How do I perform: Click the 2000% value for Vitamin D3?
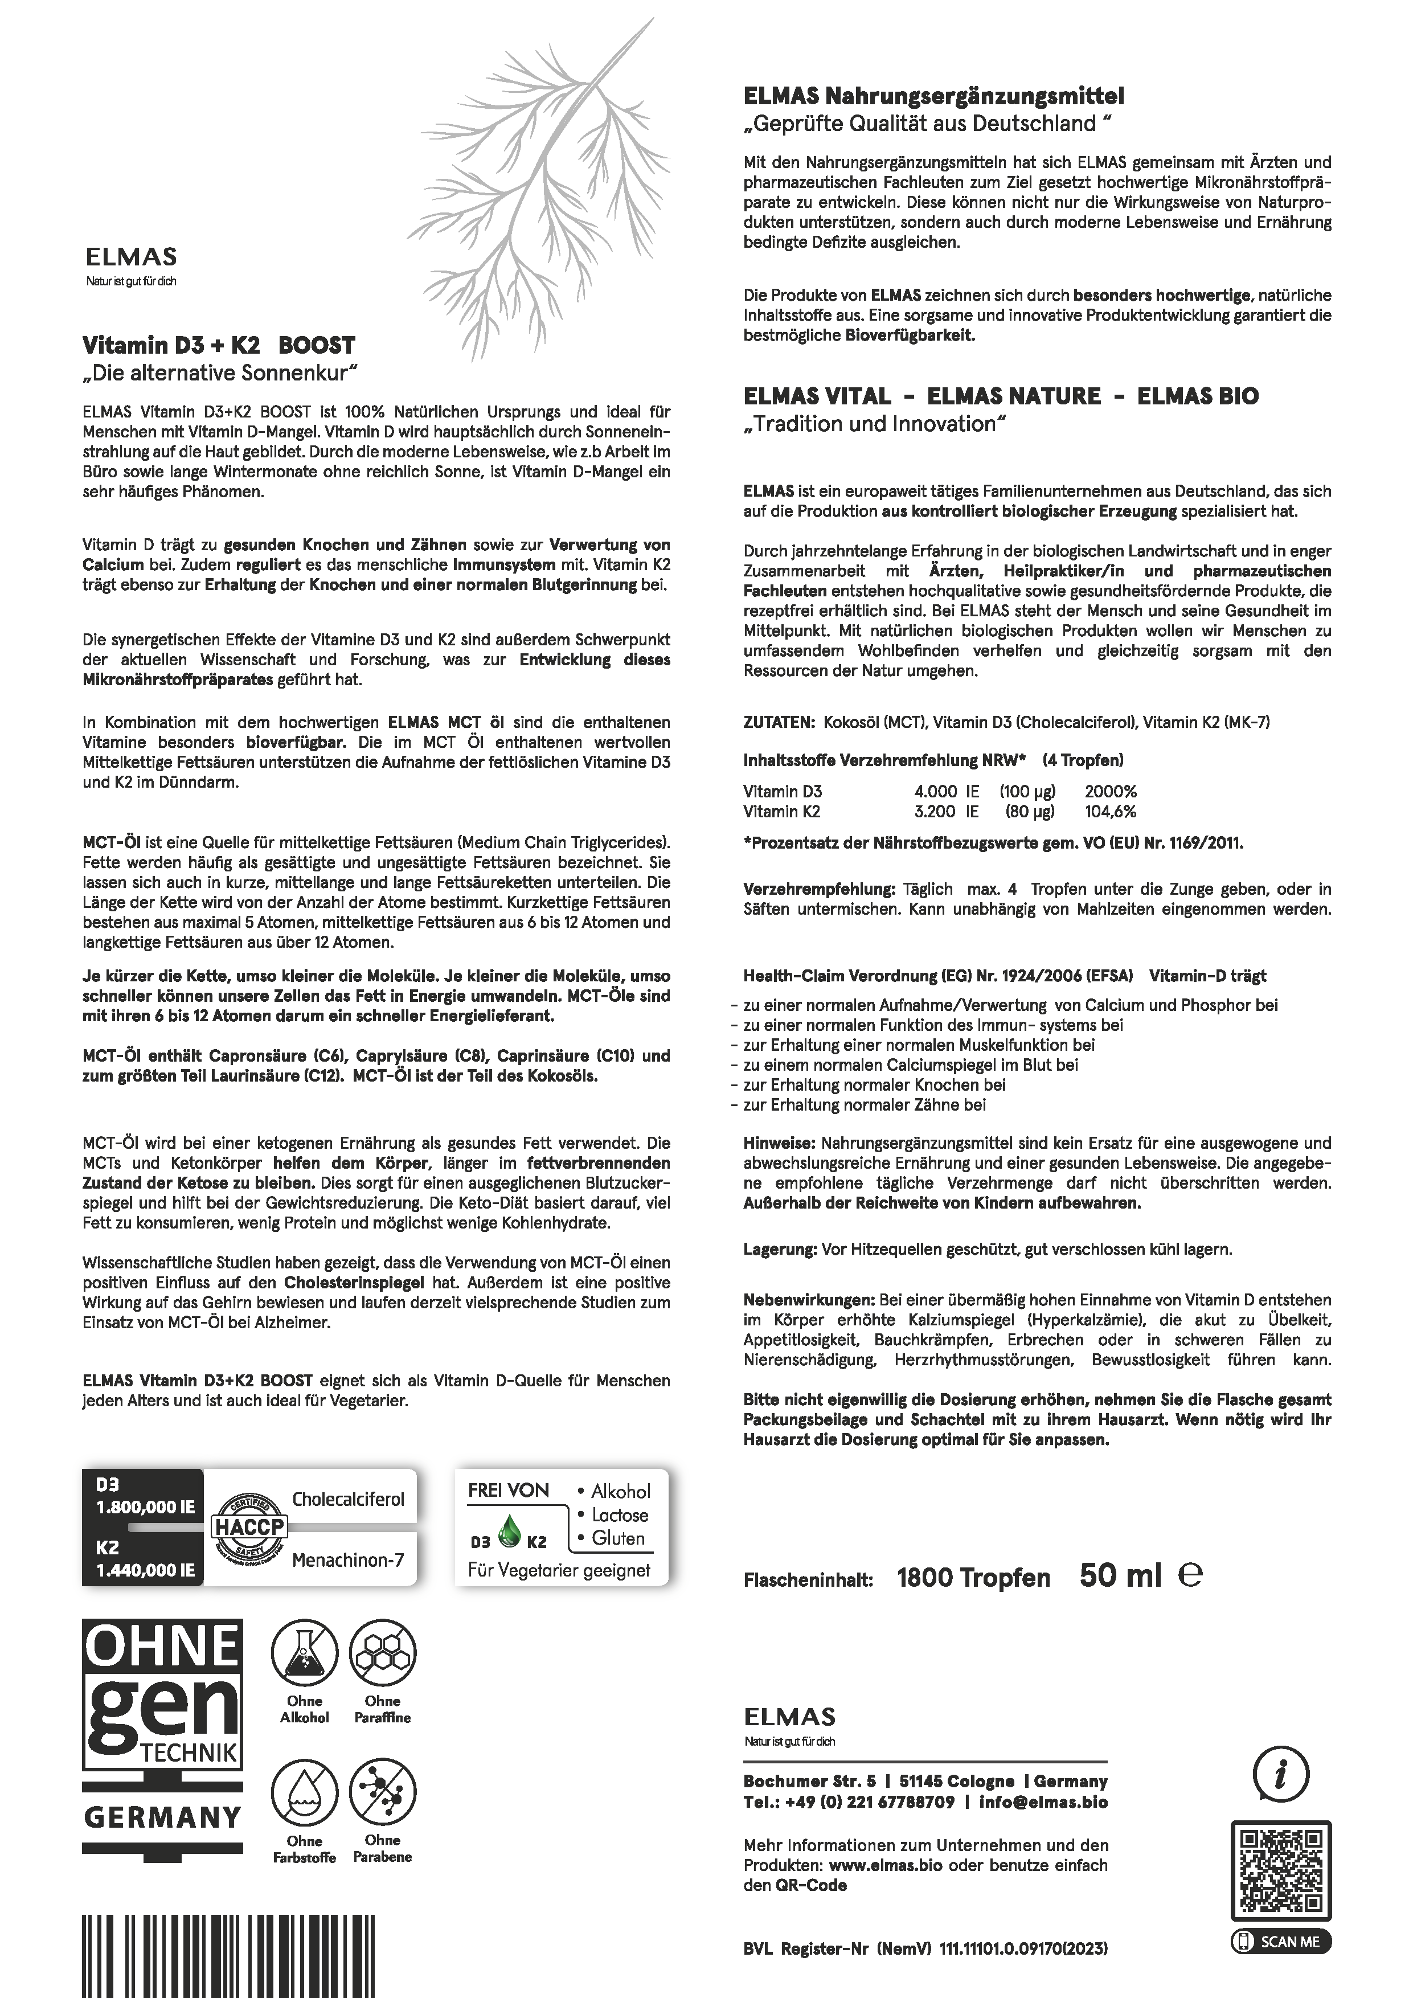[1110, 792]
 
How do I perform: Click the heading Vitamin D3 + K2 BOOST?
[218, 346]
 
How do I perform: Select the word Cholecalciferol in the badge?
[348, 1500]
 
